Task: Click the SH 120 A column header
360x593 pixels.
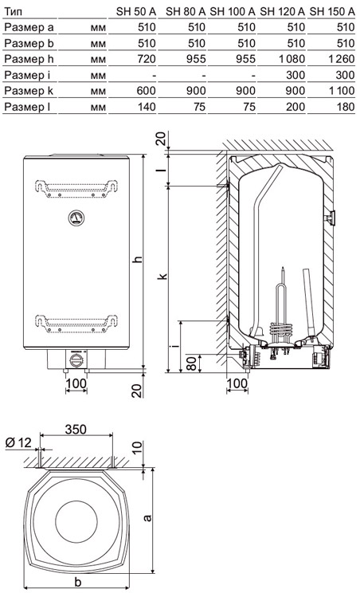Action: point(282,11)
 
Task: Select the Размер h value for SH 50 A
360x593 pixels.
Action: point(147,59)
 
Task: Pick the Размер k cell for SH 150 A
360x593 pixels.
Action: point(342,91)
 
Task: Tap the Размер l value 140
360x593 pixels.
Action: point(147,107)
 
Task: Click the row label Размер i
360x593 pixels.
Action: point(27,75)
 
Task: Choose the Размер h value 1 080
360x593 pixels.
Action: point(291,59)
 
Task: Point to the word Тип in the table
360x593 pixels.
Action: point(13,11)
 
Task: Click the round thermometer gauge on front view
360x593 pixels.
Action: point(76,218)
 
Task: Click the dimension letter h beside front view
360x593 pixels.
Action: point(139,260)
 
